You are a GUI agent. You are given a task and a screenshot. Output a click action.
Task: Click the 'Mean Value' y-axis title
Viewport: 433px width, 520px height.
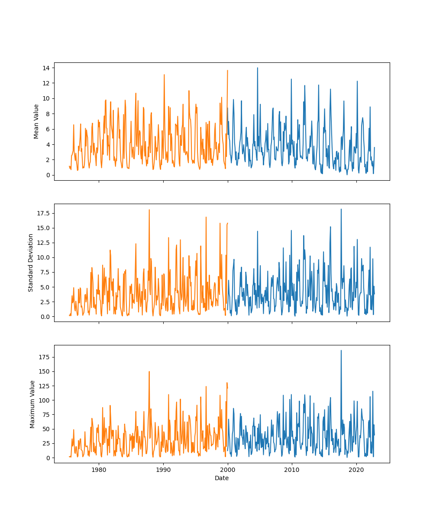(x=36, y=121)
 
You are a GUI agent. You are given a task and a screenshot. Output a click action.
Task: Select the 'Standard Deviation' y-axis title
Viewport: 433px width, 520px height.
(x=31, y=263)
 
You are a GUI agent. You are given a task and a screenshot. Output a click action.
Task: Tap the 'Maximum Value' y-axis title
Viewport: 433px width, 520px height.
(x=32, y=404)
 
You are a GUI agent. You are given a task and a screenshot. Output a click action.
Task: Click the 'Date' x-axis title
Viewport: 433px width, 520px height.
(x=222, y=478)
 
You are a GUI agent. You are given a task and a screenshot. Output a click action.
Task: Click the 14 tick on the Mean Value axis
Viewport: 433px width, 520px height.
(x=45, y=68)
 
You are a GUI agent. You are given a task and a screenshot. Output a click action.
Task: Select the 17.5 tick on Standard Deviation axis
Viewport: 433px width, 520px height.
(x=42, y=213)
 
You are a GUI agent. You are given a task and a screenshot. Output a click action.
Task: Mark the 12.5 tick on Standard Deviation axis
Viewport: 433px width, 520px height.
(x=42, y=243)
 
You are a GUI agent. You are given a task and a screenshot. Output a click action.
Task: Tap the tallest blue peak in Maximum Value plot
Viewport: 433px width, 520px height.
(x=341, y=351)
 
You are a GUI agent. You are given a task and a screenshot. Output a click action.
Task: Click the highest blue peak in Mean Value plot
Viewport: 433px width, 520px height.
(x=257, y=68)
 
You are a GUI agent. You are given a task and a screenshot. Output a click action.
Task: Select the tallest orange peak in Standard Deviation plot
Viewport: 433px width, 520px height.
(x=149, y=210)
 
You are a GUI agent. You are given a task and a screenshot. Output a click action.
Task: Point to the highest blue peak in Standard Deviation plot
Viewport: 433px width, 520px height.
(x=341, y=209)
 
